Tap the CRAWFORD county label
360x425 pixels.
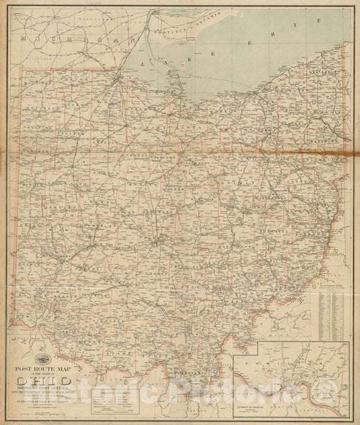point(165,148)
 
